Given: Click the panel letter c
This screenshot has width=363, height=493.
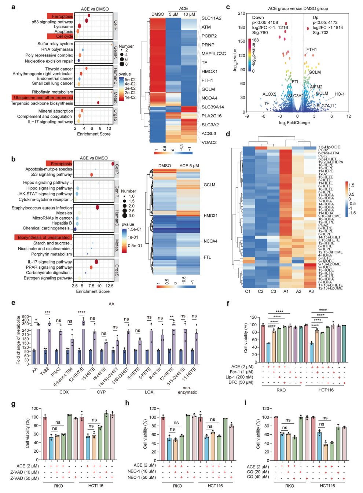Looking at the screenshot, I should pyautogui.click(x=228, y=7).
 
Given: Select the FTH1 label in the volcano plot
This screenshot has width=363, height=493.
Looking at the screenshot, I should pyautogui.click(x=312, y=49).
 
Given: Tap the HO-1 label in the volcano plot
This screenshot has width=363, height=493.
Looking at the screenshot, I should pyautogui.click(x=340, y=94).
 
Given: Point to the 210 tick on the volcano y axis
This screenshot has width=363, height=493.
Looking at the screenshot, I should pyautogui.click(x=241, y=13).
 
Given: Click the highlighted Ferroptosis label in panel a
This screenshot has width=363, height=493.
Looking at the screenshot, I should pyautogui.click(x=62, y=16).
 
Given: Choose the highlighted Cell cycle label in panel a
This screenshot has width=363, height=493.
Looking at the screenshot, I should pyautogui.click(x=65, y=36).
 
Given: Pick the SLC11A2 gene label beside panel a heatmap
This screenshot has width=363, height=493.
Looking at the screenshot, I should pyautogui.click(x=211, y=18).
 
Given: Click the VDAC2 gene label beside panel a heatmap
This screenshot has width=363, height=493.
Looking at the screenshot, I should pyautogui.click(x=209, y=142).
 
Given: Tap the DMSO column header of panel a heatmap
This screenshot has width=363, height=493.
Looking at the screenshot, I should pyautogui.click(x=158, y=14).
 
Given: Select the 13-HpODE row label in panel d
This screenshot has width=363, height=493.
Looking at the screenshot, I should pyautogui.click(x=329, y=147).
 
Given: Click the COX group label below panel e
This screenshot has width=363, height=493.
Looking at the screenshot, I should pyautogui.click(x=64, y=392).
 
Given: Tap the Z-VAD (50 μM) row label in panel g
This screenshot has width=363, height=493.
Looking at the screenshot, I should pyautogui.click(x=24, y=478).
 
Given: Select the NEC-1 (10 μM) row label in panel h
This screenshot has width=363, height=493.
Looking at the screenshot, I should pyautogui.click(x=142, y=471).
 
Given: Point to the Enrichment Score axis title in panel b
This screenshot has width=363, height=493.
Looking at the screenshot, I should pyautogui.click(x=93, y=291).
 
